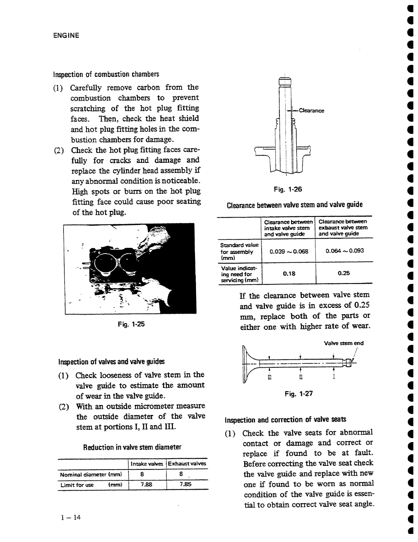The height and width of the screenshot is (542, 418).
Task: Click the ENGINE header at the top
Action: [x=66, y=35]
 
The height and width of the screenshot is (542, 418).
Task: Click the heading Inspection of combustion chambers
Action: [x=106, y=74]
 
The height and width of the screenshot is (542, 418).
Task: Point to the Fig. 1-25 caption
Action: [x=131, y=324]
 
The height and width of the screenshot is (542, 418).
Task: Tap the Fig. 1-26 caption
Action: [x=288, y=190]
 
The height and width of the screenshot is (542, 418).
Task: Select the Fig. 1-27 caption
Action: [x=299, y=394]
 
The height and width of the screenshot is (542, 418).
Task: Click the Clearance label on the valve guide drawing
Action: [x=311, y=111]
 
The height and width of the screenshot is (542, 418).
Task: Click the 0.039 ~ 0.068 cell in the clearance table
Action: [x=289, y=251]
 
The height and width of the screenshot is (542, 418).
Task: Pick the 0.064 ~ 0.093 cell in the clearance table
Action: [x=345, y=251]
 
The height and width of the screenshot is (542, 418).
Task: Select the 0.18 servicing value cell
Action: [x=289, y=273]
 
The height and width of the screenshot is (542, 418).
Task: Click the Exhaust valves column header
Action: [x=187, y=464]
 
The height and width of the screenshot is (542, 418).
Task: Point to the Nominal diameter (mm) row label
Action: [x=91, y=475]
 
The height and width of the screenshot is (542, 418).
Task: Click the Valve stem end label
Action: [x=344, y=343]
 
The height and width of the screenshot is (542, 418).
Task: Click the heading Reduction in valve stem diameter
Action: [x=132, y=448]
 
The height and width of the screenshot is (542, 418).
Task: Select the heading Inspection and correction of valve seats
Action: [x=285, y=420]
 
